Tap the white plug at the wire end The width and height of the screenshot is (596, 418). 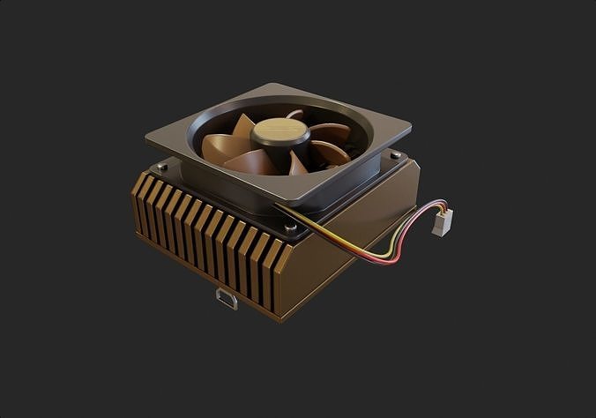tap(441, 222)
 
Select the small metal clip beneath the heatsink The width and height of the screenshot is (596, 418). tap(227, 299)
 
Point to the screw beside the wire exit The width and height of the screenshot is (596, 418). tap(291, 228)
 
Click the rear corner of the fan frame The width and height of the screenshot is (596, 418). tap(272, 86)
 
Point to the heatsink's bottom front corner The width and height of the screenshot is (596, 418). tap(280, 316)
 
